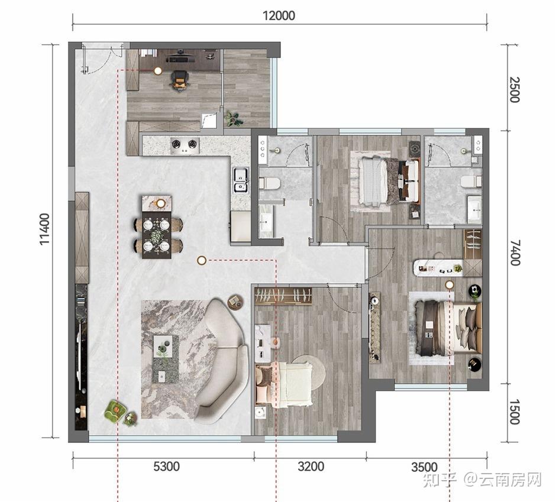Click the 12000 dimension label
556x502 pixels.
[279, 15]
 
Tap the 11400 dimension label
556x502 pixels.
[45, 229]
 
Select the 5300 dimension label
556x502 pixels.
[166, 466]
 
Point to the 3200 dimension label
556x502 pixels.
[311, 466]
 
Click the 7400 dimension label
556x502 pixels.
[515, 252]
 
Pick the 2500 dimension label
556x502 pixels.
[515, 90]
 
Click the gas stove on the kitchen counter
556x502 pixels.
[185, 145]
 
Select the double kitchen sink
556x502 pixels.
[241, 180]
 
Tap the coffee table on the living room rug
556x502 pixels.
[165, 359]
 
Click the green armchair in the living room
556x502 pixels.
[115, 411]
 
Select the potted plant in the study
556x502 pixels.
[234, 119]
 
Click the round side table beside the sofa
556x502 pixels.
[235, 302]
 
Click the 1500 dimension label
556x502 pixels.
[515, 412]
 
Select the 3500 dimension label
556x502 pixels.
[425, 467]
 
